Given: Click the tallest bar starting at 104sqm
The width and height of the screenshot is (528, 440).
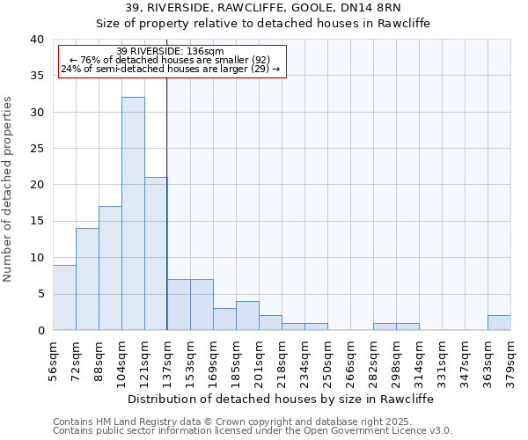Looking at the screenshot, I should [x=133, y=214].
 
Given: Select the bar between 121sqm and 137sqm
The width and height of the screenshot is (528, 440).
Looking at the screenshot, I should [x=156, y=253].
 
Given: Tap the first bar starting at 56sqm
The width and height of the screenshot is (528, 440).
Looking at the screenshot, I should [x=64, y=297].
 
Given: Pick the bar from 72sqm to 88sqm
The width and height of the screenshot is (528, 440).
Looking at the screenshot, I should [x=87, y=279].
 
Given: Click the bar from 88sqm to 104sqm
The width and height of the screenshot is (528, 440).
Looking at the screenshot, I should [x=110, y=268].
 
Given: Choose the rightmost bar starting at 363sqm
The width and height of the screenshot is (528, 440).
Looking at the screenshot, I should [x=499, y=323].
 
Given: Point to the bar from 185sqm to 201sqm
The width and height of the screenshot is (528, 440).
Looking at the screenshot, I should [x=247, y=316].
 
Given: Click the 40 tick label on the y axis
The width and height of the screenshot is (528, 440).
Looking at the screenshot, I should [x=36, y=40].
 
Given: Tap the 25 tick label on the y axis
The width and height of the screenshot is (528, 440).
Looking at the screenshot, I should [x=36, y=149].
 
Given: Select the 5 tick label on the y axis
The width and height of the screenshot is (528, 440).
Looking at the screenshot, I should [x=40, y=294].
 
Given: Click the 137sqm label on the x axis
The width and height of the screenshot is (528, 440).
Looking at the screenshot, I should [x=166, y=359].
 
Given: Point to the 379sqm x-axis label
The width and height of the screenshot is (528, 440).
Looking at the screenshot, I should [x=510, y=359].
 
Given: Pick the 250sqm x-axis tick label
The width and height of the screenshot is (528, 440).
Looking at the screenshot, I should [x=327, y=359].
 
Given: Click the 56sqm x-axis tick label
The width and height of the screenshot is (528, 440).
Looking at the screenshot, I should [x=53, y=359].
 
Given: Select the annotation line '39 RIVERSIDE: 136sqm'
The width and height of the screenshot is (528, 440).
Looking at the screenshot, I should [x=170, y=52].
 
